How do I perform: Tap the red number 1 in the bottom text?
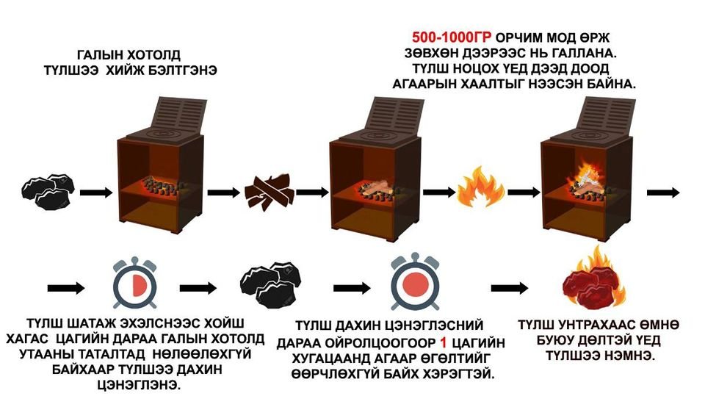coord(443,342)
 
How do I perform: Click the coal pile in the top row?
coord(49,189)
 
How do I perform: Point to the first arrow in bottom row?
coord(63,284)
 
